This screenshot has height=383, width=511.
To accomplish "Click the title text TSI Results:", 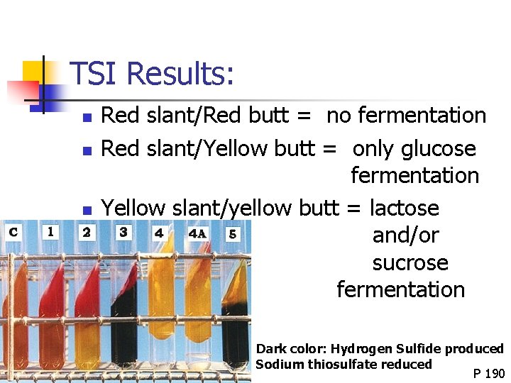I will coord(152,74).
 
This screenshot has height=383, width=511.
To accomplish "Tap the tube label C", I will coord(13,232).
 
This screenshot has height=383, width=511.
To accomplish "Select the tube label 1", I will coord(50,231).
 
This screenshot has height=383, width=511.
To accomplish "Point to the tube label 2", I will coord(87,232).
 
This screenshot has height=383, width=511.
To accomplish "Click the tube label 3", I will coord(123,232).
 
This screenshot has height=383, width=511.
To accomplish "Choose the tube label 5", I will coord(233,233).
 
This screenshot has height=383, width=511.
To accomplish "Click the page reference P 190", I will coord(489,374).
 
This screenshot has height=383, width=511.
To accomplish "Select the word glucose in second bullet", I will coord(439,149).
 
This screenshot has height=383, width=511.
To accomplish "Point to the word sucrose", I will coord(410,262).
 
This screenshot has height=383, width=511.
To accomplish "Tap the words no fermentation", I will coord(406,115).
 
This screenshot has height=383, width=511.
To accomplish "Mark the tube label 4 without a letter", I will coord(159,233).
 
